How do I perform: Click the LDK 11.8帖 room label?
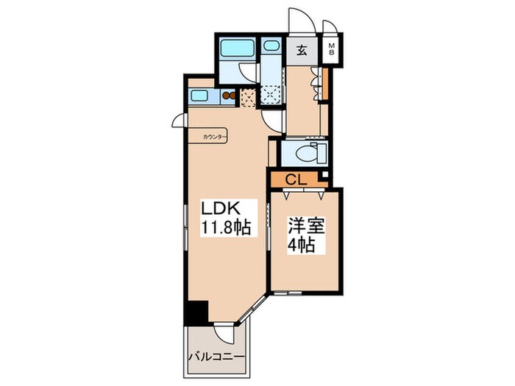(226, 218)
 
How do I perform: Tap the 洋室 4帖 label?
(306, 235)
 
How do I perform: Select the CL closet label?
(296, 179)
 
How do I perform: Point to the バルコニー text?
(217, 357)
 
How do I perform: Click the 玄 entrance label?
(302, 51)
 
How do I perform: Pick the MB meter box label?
(331, 49)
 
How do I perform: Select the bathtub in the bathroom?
(237, 49)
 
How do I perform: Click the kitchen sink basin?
(199, 96)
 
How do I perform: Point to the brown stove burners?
(229, 96)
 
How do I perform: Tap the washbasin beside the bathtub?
(271, 46)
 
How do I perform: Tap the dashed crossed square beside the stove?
(248, 98)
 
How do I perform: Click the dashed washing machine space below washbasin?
(271, 95)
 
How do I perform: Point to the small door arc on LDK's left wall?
(177, 120)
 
